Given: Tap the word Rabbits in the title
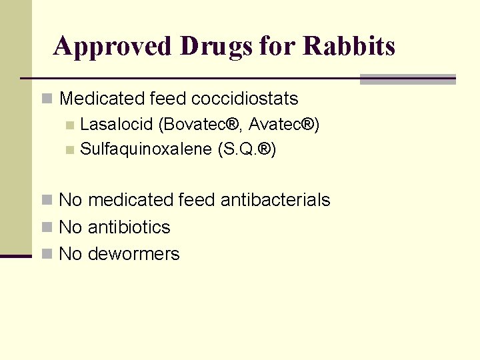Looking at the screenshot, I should point(349,46).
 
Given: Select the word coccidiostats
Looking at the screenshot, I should point(245,99).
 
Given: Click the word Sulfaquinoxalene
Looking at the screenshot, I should point(145,149).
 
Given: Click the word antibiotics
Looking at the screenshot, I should point(129,227).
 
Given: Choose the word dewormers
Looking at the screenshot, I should point(133,254).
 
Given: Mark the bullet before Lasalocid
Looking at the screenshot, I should point(70,125).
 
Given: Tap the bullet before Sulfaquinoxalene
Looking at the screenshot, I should point(70,149).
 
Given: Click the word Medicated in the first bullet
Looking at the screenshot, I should point(102,99).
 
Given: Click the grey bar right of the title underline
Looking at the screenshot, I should point(407,79).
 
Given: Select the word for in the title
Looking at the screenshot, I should point(277,46).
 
